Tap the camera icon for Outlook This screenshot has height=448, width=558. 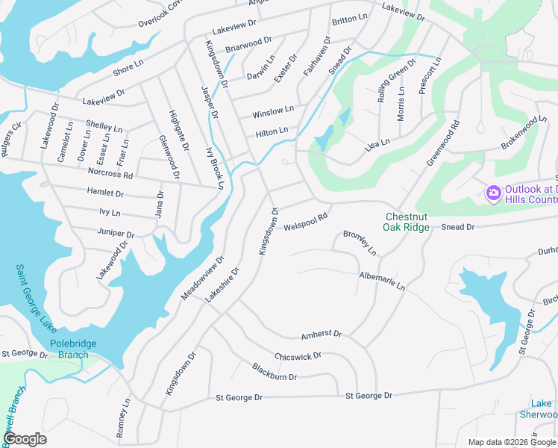pyautogui.click(x=493, y=193)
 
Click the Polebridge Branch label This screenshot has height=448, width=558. pyautogui.click(x=75, y=349)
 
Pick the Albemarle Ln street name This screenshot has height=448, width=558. pyautogui.click(x=381, y=281)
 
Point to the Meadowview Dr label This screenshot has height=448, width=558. pyautogui.click(x=202, y=279)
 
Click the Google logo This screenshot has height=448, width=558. pyautogui.click(x=25, y=439)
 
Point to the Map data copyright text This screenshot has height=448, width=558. pyautogui.click(x=511, y=442)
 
